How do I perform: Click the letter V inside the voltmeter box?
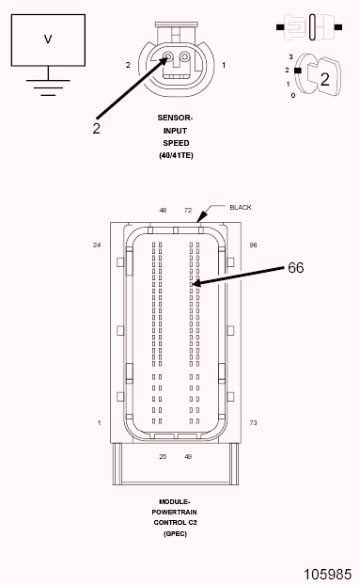(x=47, y=40)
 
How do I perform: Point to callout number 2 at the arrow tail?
(x=96, y=128)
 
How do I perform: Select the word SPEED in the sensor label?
(x=176, y=143)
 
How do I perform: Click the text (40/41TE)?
(x=176, y=155)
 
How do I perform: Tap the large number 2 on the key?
(x=323, y=79)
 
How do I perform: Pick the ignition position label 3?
(x=290, y=56)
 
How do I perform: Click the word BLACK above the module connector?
(x=241, y=207)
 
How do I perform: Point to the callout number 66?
(x=295, y=268)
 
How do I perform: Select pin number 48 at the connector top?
(x=163, y=211)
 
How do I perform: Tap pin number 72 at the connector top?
(x=188, y=211)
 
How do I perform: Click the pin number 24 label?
(x=96, y=245)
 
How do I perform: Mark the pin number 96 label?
(x=253, y=245)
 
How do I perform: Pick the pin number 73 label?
(x=253, y=423)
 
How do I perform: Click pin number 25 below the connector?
(x=163, y=456)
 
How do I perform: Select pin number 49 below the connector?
(x=188, y=456)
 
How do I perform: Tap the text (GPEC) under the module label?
(x=176, y=533)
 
